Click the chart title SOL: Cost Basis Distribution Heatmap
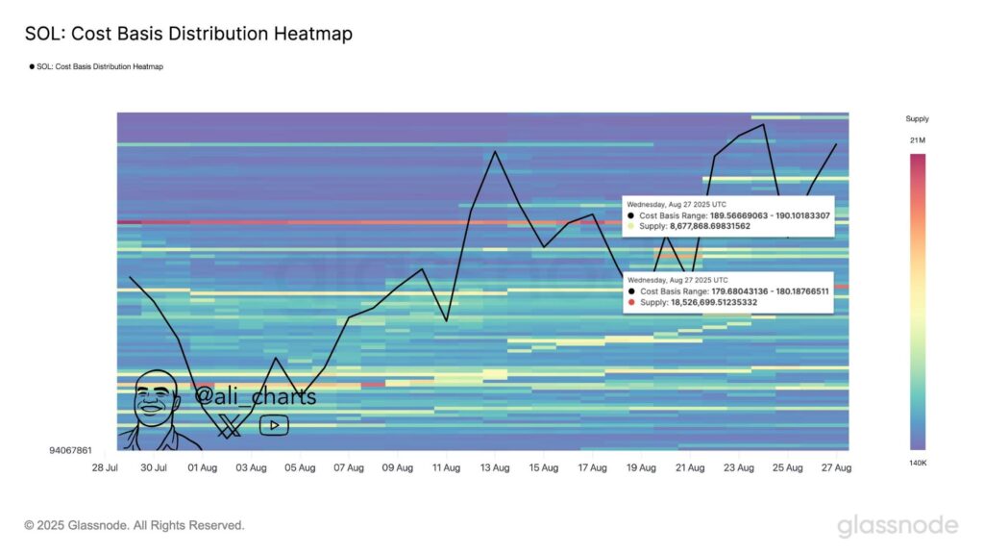[188, 34]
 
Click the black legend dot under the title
[32, 67]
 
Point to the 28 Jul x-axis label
[105, 467]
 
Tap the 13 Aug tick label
[494, 467]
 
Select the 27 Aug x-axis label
[836, 467]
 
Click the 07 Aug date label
[348, 467]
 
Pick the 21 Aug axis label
[689, 467]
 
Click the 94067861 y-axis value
[70, 449]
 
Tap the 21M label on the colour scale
[917, 141]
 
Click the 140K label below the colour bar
[917, 463]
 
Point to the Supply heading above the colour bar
[917, 119]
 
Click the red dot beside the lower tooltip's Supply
[631, 302]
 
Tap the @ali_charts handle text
[256, 396]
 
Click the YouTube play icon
[273, 425]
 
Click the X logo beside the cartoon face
[229, 425]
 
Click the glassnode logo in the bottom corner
[897, 525]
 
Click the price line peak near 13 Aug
[494, 151]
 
